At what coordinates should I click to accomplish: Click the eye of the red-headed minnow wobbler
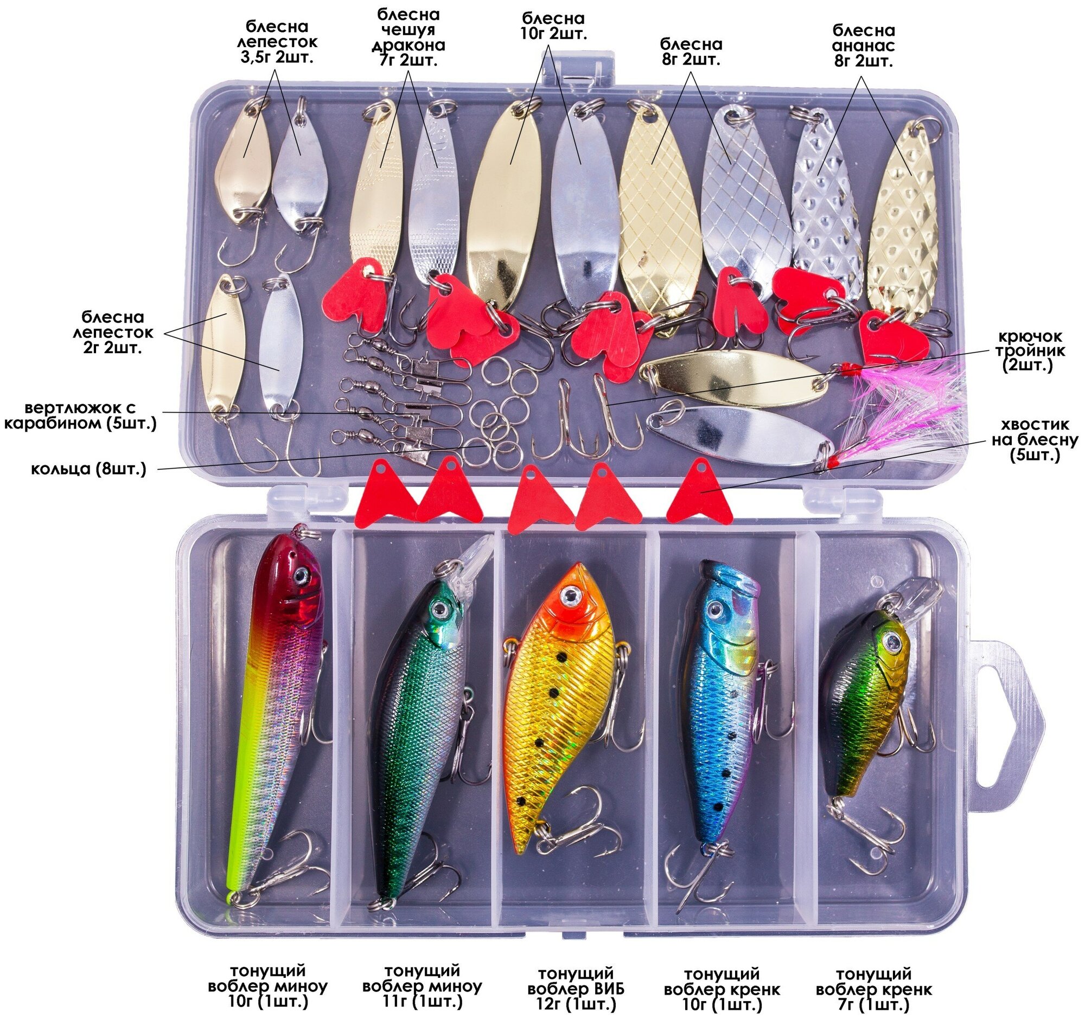point(300,575)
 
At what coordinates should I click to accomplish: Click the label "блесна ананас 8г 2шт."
point(864,45)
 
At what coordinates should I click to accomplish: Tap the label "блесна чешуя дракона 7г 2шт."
point(409,37)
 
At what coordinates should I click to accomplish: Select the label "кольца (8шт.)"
point(88,468)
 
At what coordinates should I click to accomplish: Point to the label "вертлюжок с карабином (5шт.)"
point(80,415)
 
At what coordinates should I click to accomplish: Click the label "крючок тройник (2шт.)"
point(1027,351)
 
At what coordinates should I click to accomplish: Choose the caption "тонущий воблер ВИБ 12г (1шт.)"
point(576,989)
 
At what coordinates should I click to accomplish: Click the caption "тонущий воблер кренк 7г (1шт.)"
point(873,989)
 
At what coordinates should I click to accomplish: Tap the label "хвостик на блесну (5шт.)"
point(1034,440)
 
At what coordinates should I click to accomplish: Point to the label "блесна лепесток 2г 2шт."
point(113,332)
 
